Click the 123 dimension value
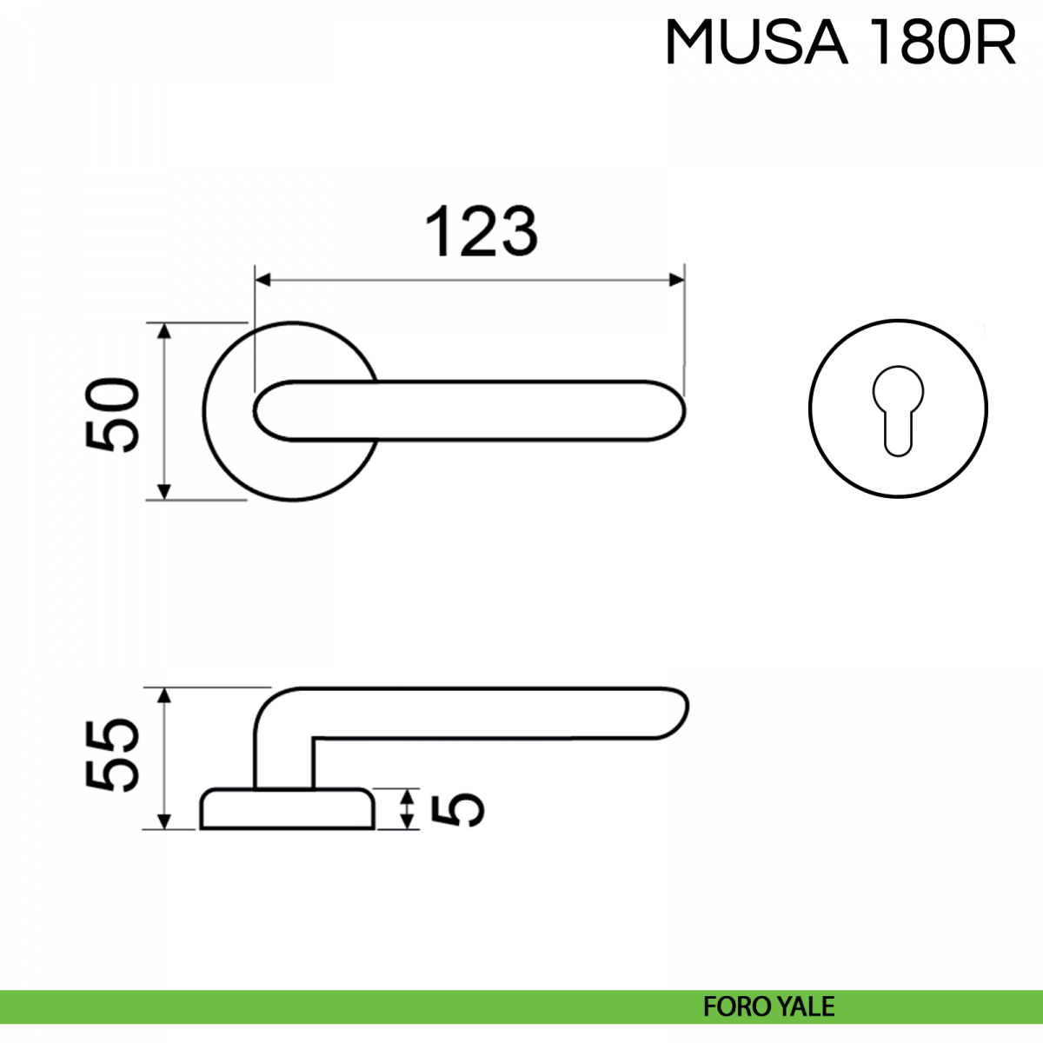pyautogui.click(x=482, y=232)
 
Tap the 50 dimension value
pyautogui.click(x=112, y=415)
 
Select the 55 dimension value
pyautogui.click(x=112, y=755)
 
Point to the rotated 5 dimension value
pyautogui.click(x=457, y=810)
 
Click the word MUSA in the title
pyautogui.click(x=756, y=43)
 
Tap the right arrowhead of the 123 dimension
pyautogui.click(x=677, y=281)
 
